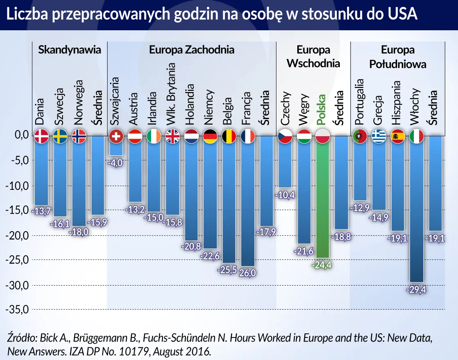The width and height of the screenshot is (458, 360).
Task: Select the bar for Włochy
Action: (416, 213)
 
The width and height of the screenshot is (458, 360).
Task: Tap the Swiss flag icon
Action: (116, 136)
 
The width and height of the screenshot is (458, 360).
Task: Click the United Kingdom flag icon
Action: (173, 136)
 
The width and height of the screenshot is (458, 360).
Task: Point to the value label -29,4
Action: (416, 290)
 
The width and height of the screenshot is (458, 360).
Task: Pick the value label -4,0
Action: (116, 162)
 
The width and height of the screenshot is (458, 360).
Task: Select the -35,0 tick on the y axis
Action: (16, 309)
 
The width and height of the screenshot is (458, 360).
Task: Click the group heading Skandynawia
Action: (70, 50)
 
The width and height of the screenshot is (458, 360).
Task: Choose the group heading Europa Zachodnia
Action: (191, 50)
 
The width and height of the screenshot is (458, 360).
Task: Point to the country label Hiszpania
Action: (396, 102)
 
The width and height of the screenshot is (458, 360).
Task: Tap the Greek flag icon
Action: (379, 136)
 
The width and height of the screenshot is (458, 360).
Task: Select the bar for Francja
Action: (248, 205)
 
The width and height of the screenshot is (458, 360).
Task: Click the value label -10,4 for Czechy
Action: (285, 195)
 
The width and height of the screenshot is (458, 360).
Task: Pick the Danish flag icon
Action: (41, 136)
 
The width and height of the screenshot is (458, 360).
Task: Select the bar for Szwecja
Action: (60, 180)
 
